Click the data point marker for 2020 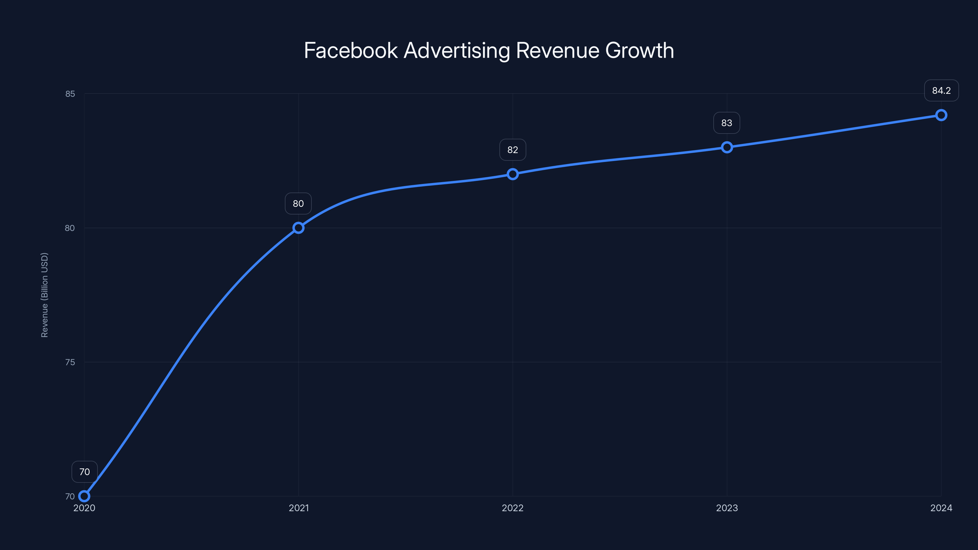pyautogui.click(x=84, y=496)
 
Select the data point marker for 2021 pyautogui.click(x=298, y=228)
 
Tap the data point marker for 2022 pyautogui.click(x=513, y=174)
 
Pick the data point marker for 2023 pyautogui.click(x=727, y=147)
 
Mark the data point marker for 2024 pyautogui.click(x=941, y=115)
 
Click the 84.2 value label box pyautogui.click(x=941, y=91)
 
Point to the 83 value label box pyautogui.click(x=727, y=123)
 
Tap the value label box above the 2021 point pyautogui.click(x=298, y=204)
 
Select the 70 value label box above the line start pyautogui.click(x=85, y=472)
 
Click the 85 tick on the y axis pyautogui.click(x=70, y=94)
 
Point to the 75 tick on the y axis pyautogui.click(x=70, y=362)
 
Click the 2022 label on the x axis pyautogui.click(x=513, y=508)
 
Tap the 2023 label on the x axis pyautogui.click(x=727, y=508)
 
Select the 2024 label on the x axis pyautogui.click(x=941, y=508)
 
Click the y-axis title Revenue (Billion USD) pyautogui.click(x=45, y=295)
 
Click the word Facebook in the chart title pyautogui.click(x=351, y=50)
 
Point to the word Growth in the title pyautogui.click(x=639, y=50)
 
